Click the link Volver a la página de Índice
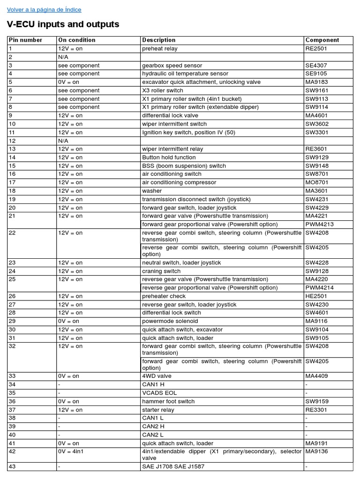[44, 10]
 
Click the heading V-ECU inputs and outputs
[63, 24]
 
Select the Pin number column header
[25, 40]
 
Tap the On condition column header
[76, 40]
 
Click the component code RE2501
[316, 48]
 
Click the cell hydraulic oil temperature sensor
[185, 74]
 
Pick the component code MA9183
[317, 82]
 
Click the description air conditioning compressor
[179, 182]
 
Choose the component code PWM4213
[320, 224]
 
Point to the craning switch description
[161, 271]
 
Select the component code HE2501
[316, 296]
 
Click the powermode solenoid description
[170, 321]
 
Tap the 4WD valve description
[157, 376]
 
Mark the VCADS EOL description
[159, 393]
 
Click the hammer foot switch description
[168, 401]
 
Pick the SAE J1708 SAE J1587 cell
[173, 466]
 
